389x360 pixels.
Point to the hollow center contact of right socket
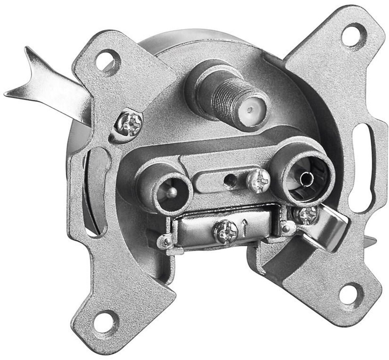[x=305, y=178]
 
